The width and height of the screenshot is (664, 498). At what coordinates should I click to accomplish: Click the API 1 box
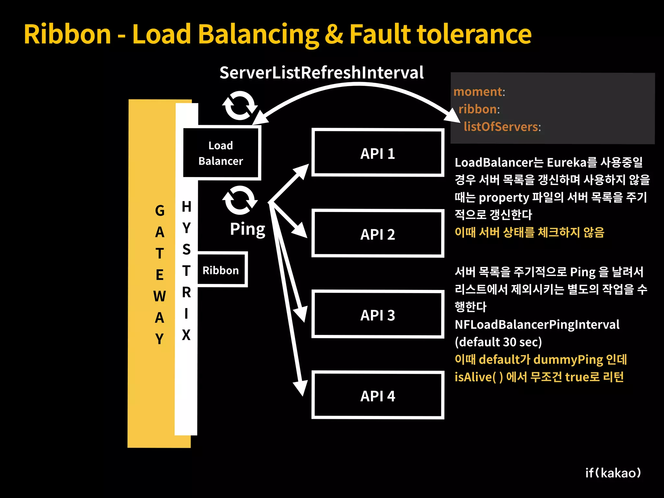(378, 153)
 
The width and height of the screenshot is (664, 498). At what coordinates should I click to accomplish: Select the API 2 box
(378, 233)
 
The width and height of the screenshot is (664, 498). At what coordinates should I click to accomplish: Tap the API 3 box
(378, 314)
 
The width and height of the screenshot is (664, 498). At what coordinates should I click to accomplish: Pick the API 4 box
(378, 395)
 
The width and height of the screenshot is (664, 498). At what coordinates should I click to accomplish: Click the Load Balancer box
(221, 153)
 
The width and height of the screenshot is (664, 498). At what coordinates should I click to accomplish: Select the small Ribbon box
(221, 270)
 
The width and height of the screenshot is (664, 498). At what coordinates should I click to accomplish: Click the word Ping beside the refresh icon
(247, 229)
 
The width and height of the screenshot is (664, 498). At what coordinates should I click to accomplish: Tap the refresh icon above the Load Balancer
(240, 105)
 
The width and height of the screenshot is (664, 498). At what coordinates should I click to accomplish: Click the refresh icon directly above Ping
(240, 200)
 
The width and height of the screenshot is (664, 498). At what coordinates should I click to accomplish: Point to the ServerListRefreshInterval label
(321, 73)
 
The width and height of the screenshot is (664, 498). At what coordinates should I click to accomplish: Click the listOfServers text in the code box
(501, 126)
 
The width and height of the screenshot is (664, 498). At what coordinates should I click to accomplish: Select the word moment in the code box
(478, 92)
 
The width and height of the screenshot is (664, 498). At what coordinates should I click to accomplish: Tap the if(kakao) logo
(613, 473)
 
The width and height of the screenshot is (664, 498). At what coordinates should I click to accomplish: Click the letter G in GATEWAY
(160, 211)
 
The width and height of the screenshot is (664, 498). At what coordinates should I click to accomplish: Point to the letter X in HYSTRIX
(186, 335)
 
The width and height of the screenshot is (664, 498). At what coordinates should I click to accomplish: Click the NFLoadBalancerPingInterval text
(537, 325)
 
